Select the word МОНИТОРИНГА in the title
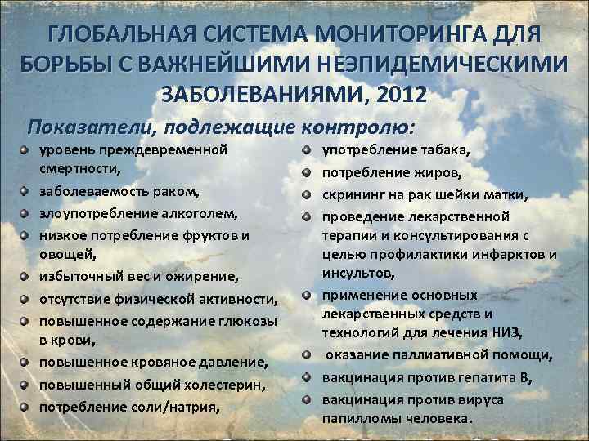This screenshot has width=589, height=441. (x=389, y=37)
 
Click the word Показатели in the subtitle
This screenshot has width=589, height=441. (x=92, y=128)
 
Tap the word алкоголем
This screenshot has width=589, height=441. (x=202, y=214)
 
